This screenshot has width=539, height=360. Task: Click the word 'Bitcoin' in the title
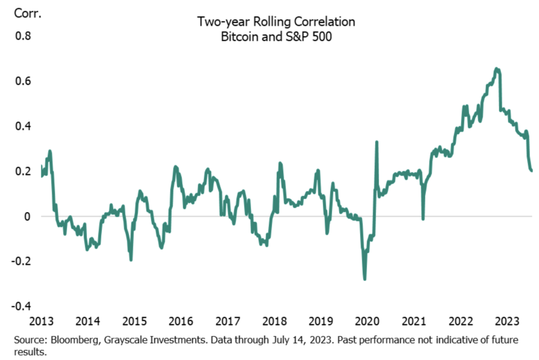[x=236, y=38]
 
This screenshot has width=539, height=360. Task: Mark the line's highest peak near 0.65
[x=496, y=69]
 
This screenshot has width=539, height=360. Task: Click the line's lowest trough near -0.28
[x=365, y=278]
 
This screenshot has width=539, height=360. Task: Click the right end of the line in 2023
[x=531, y=170]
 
